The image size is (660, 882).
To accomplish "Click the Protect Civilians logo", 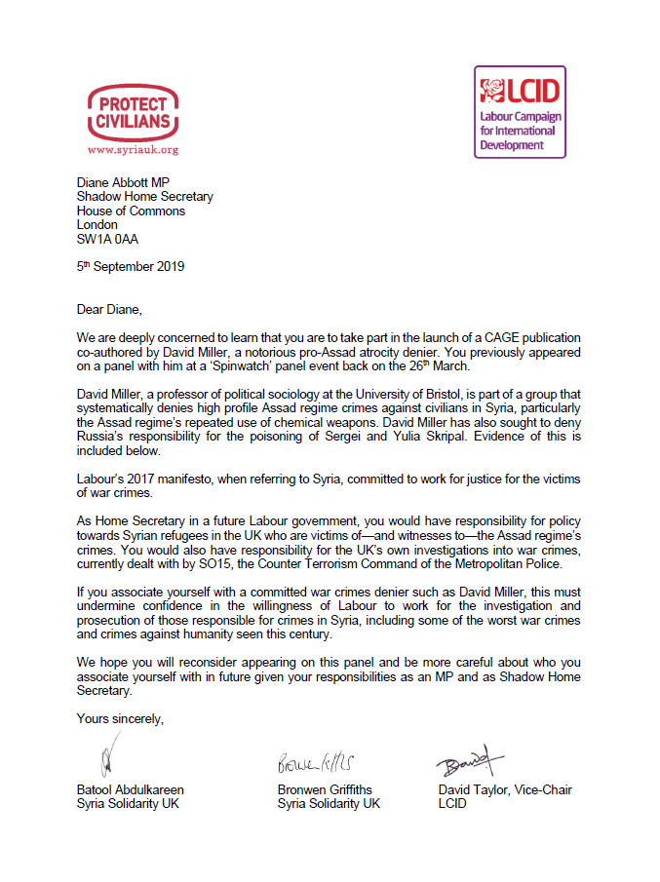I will [133, 114].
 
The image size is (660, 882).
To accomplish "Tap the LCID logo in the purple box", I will [519, 111].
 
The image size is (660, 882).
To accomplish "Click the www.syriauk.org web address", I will [133, 150].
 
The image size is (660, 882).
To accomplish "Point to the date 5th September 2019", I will [131, 266].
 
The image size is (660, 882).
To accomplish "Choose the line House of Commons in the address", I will [132, 211].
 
